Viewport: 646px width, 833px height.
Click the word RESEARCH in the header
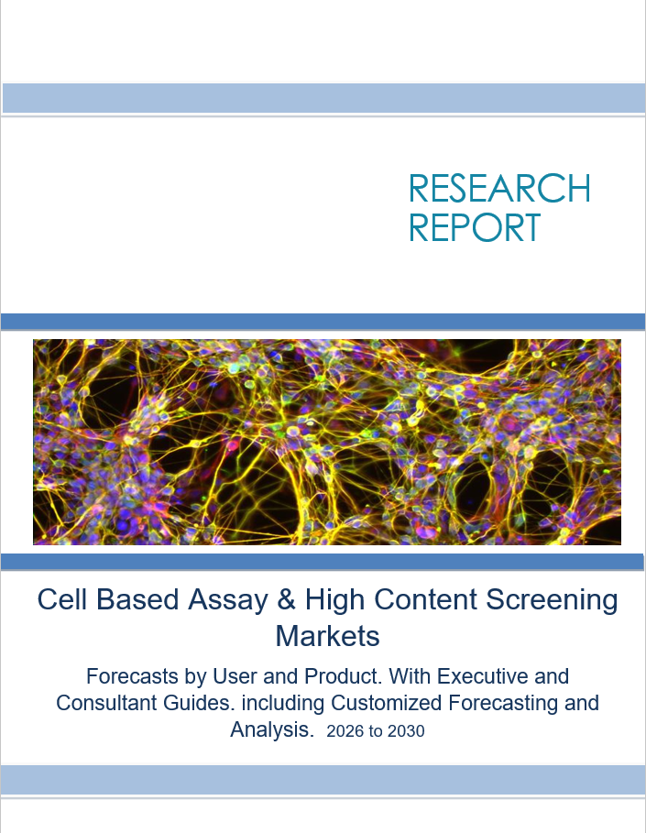[x=499, y=188]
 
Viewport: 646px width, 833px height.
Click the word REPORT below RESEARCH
[x=475, y=227]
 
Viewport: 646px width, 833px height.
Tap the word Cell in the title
[x=62, y=599]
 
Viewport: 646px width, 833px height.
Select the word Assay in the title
[x=227, y=600]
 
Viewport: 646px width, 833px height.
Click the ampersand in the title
[x=286, y=599]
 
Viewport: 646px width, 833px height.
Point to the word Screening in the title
[x=552, y=600]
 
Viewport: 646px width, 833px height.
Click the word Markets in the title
[x=327, y=635]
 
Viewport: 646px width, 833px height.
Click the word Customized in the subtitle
[x=386, y=703]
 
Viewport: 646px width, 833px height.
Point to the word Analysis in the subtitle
[x=271, y=729]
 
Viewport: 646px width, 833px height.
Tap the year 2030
[x=406, y=731]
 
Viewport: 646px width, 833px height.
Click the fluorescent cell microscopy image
[x=327, y=442]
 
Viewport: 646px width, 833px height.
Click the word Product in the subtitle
[x=344, y=676]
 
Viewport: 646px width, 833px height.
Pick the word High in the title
[x=334, y=600]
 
